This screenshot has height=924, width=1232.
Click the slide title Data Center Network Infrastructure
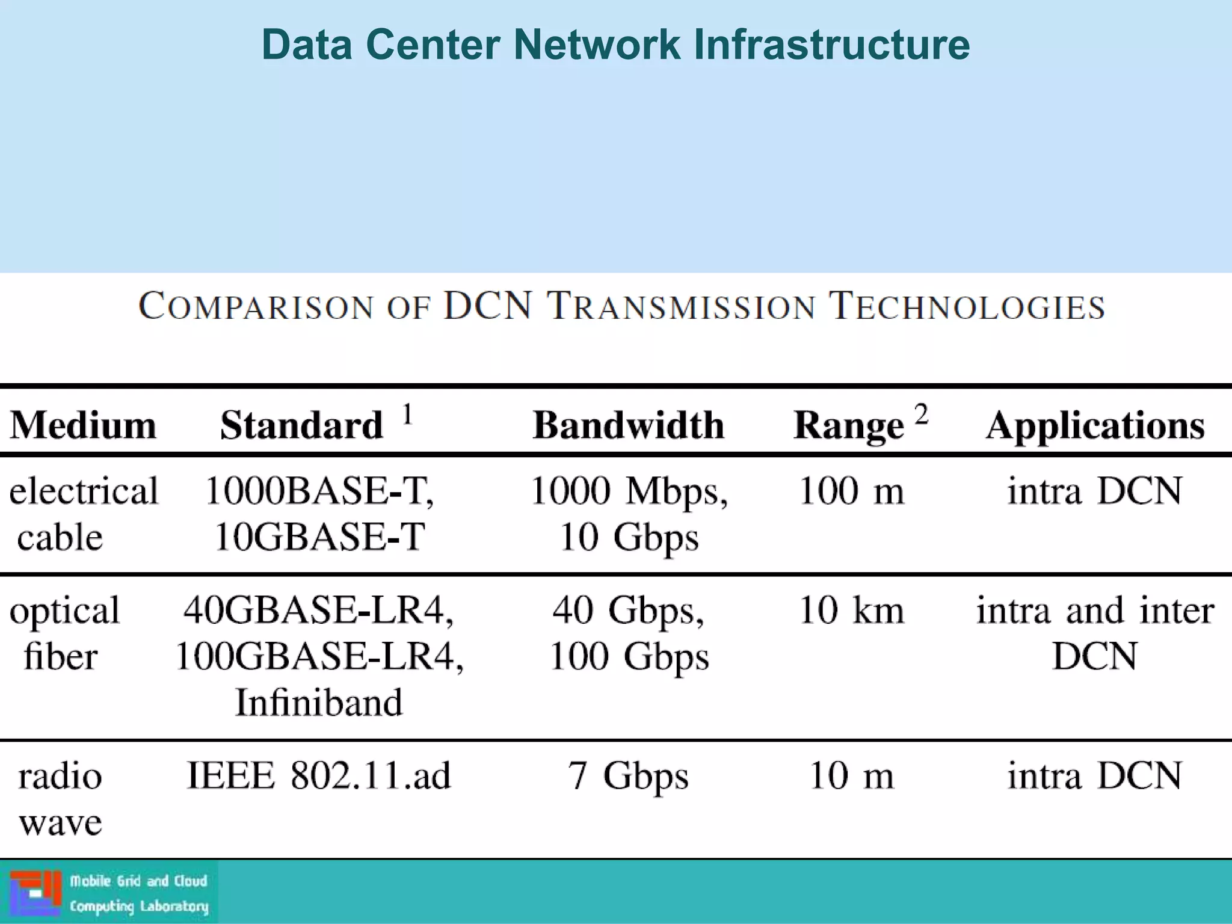tap(615, 45)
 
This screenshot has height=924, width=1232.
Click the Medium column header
tap(83, 425)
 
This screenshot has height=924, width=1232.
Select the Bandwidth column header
tap(629, 425)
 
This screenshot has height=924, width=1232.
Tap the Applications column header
tap(1095, 425)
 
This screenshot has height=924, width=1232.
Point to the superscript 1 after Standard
tap(407, 414)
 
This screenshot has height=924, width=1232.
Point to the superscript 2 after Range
tap(921, 414)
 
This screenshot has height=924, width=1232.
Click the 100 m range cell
tap(851, 491)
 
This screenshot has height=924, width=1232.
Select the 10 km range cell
tap(851, 610)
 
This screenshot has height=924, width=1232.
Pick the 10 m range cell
tap(851, 775)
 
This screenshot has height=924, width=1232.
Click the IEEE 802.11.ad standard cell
tap(318, 775)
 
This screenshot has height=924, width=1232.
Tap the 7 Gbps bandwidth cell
tap(628, 775)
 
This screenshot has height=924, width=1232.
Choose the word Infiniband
tap(318, 702)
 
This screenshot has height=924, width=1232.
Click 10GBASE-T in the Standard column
tap(319, 537)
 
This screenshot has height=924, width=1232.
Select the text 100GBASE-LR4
tap(318, 656)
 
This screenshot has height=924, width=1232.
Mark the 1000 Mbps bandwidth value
tap(628, 491)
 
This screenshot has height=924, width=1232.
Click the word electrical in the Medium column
tap(84, 491)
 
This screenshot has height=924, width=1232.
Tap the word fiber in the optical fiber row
tap(60, 656)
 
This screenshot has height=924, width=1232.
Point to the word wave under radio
tap(60, 822)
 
